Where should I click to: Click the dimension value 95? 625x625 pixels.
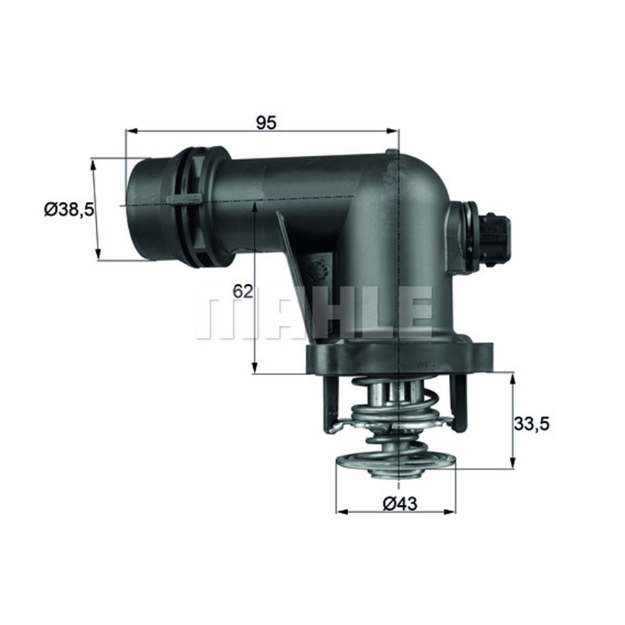pyautogui.click(x=266, y=122)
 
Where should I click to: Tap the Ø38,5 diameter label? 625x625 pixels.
pyautogui.click(x=69, y=209)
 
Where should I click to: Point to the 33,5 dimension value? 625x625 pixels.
pyautogui.click(x=531, y=424)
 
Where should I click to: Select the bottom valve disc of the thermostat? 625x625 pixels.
pyautogui.click(x=395, y=466)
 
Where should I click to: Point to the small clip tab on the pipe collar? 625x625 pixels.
pyautogui.click(x=185, y=199)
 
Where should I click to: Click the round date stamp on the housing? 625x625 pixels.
pyautogui.click(x=321, y=269)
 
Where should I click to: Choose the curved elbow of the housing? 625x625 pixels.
pyautogui.click(x=419, y=187)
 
